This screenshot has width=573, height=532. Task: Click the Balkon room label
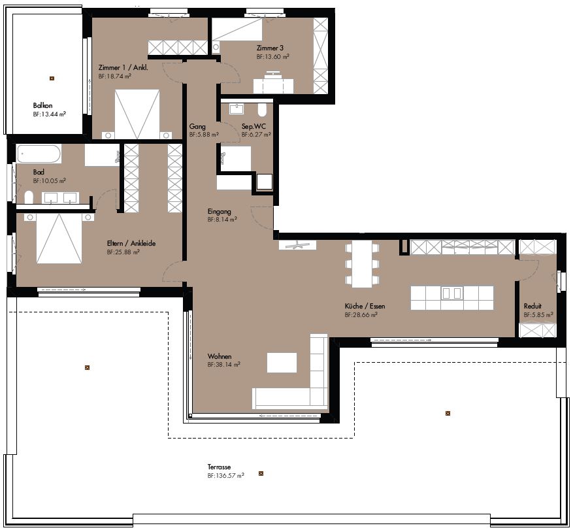point(42,106)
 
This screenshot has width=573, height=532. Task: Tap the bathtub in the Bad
point(39,154)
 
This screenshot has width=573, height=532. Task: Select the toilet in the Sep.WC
point(262,110)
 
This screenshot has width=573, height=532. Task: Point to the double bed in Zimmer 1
point(137,114)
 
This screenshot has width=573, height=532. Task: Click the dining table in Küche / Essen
point(362,264)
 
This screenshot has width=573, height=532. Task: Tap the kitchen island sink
point(452,293)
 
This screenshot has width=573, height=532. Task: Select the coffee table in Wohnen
point(282,363)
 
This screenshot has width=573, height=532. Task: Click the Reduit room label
point(532,306)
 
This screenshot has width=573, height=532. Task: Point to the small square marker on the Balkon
point(52,78)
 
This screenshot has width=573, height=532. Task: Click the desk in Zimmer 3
point(273,84)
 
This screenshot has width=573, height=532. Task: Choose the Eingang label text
point(220,212)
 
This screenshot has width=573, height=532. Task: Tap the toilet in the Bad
point(29,197)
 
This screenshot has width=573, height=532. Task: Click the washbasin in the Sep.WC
point(237,108)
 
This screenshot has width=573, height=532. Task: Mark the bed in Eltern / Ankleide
point(59,238)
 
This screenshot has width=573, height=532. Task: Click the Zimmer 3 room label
point(270,48)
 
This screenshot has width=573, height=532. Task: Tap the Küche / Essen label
point(365,306)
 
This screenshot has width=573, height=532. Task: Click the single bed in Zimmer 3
point(237,29)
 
